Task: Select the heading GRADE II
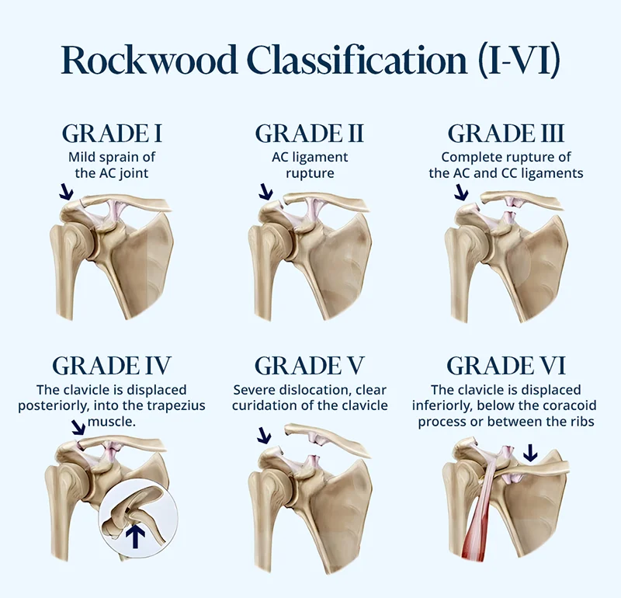pos(310,133)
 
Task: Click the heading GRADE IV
pos(112,365)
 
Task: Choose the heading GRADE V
pos(310,365)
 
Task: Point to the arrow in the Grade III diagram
pos(463,191)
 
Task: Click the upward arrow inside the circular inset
pos(137,534)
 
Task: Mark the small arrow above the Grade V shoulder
pos(265,435)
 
